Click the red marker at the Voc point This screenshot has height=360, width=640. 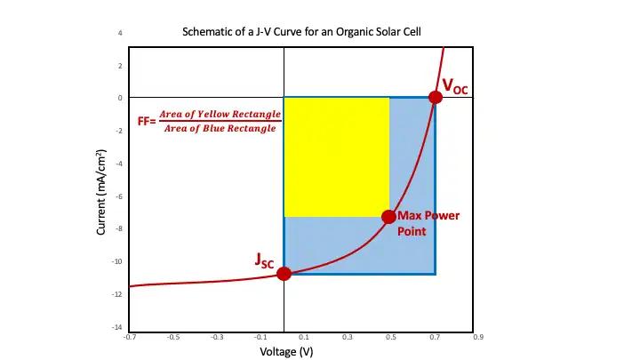(x=435, y=98)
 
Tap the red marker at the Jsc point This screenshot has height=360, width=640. (x=284, y=273)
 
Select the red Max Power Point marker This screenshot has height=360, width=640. (x=388, y=217)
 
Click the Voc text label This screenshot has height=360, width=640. (x=455, y=86)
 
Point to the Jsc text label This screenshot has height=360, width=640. (x=265, y=260)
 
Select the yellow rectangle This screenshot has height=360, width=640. (x=336, y=156)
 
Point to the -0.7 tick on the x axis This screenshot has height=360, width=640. (x=130, y=338)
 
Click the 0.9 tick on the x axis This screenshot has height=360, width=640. (x=477, y=338)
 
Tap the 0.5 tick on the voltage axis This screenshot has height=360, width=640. (x=390, y=338)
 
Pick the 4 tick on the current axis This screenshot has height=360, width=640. (x=120, y=34)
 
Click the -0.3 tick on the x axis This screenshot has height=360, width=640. (x=217, y=338)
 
